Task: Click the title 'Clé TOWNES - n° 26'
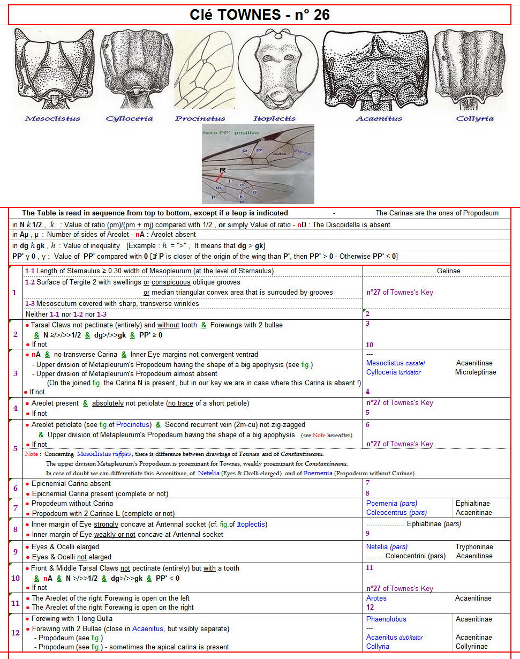tap(260, 15)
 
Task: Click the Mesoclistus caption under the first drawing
tap(52, 118)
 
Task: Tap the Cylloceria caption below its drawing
tap(129, 118)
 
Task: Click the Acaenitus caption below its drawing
tap(379, 118)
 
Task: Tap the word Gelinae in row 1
tap(448, 271)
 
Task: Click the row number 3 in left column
tap(14, 373)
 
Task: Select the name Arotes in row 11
tap(376, 598)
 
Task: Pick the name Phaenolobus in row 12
tap(386, 619)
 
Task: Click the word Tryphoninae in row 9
tap(474, 547)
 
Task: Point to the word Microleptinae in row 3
tap(476, 372)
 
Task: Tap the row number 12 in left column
tap(15, 633)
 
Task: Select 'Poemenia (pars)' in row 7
tap(391, 504)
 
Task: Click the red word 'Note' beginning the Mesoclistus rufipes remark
tap(31, 454)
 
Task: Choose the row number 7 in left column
tap(15, 508)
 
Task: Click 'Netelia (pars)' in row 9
tap(387, 547)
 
